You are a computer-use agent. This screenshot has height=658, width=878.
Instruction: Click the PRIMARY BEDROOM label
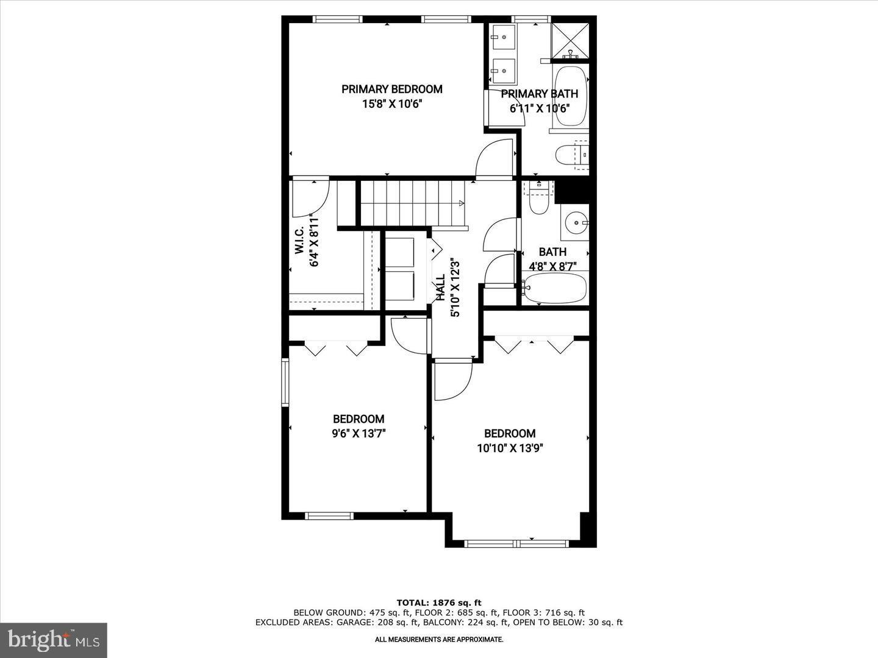pyautogui.click(x=391, y=89)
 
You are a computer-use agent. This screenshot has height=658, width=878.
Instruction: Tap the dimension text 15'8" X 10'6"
pyautogui.click(x=391, y=104)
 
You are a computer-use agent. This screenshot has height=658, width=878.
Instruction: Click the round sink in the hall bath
pyautogui.click(x=574, y=223)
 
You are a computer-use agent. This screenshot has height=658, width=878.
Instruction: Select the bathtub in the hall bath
pyautogui.click(x=555, y=288)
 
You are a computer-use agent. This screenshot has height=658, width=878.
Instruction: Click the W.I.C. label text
pyautogui.click(x=299, y=242)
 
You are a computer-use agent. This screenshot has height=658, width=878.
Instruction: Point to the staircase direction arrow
pyautogui.click(x=461, y=203)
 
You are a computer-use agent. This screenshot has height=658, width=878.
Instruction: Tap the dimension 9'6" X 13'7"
pyautogui.click(x=359, y=434)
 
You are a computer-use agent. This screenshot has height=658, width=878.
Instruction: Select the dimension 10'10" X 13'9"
pyautogui.click(x=510, y=448)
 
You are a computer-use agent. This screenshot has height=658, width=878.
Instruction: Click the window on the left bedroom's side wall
pyautogui.click(x=285, y=382)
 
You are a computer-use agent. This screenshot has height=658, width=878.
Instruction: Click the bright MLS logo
pyautogui.click(x=54, y=640)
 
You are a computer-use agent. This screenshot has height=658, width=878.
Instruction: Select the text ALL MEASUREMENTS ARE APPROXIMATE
pyautogui.click(x=439, y=640)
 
